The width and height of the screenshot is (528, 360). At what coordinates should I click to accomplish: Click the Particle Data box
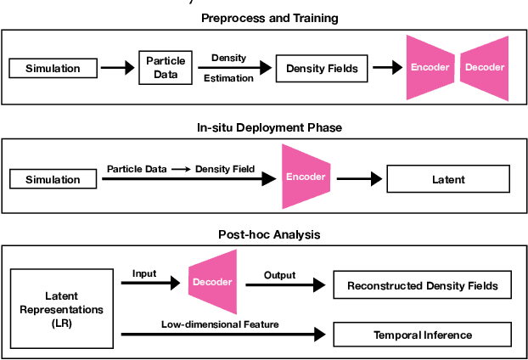tap(166, 67)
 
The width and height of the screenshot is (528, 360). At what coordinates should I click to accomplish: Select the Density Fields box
tap(318, 68)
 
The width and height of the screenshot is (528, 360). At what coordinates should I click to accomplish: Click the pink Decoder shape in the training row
tap(484, 67)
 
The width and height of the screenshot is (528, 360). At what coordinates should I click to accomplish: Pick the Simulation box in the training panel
tap(53, 68)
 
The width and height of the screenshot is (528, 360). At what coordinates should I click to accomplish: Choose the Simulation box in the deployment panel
tap(53, 179)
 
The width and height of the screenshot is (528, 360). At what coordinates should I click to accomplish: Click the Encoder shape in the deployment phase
tap(306, 177)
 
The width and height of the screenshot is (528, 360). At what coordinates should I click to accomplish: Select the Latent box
tap(448, 179)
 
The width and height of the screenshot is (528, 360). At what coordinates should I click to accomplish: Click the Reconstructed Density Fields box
tap(422, 286)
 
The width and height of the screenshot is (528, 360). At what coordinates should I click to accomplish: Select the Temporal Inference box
tap(422, 335)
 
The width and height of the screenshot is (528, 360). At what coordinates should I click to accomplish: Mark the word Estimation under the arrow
tap(227, 79)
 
